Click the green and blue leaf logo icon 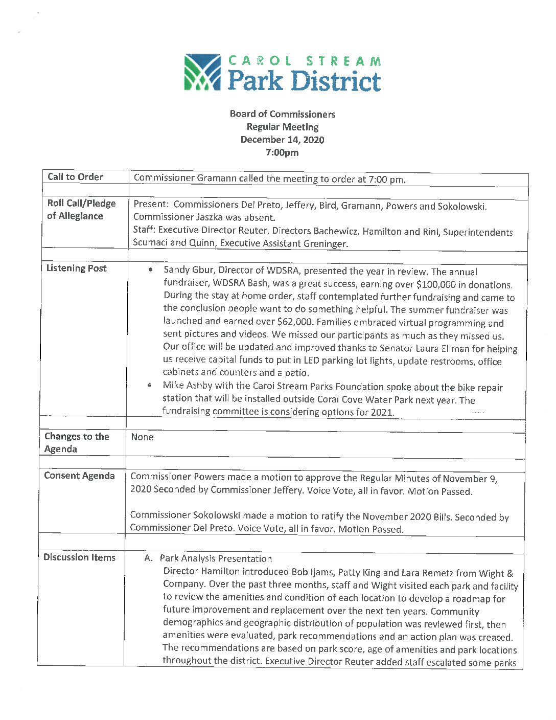click(202, 72)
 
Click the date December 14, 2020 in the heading click(282, 140)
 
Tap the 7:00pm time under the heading click(282, 152)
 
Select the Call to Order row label click(75, 177)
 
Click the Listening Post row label click(77, 268)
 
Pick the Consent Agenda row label click(79, 476)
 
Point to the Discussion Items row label click(79, 557)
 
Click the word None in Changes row click(142, 437)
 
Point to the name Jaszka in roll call click(210, 217)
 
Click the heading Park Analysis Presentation click(216, 559)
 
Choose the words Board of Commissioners click(282, 114)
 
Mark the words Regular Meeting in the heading click(282, 127)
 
